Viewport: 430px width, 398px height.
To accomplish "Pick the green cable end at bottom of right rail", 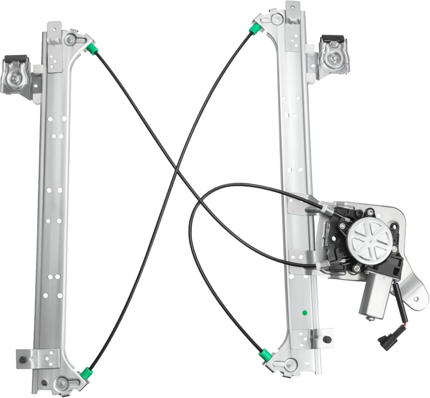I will click(265, 355).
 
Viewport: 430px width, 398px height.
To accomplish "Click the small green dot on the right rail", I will click(304, 312).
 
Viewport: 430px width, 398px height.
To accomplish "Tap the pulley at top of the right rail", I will click(277, 18).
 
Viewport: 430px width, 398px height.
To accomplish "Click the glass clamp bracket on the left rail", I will click(16, 75).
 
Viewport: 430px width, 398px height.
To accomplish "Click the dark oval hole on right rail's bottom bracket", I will click(327, 339).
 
